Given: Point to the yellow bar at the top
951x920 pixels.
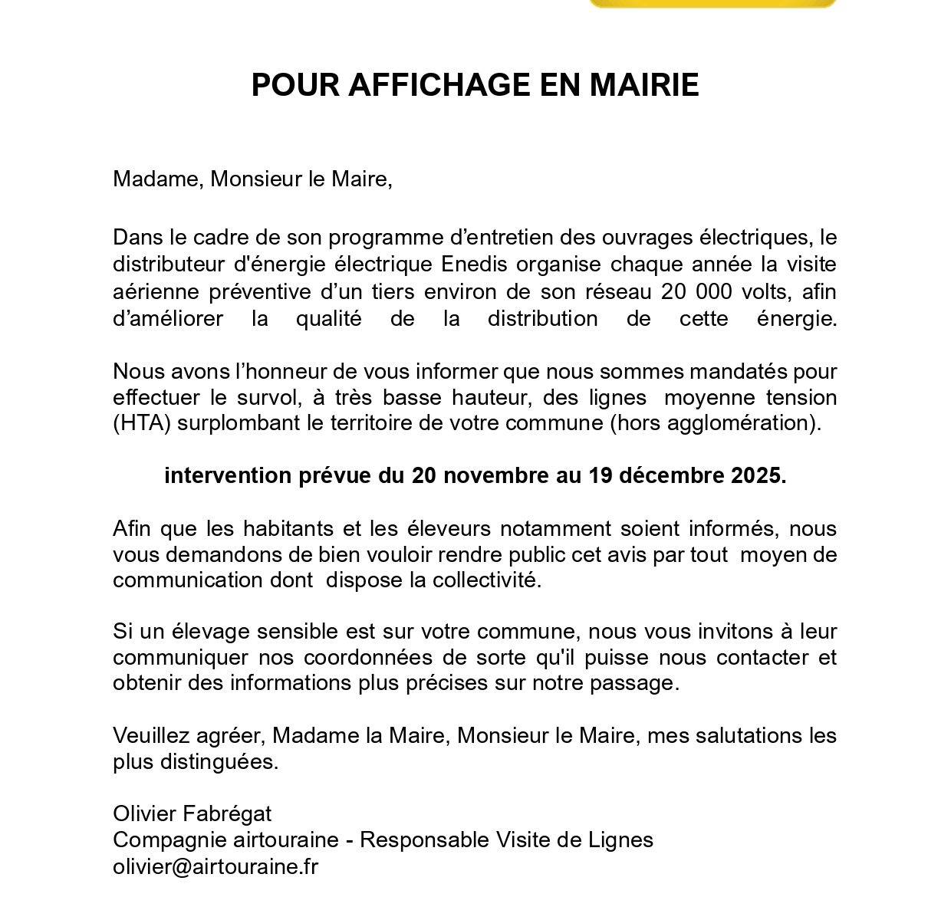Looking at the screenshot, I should coord(712,4).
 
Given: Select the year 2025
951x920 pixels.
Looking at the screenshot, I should coord(758,476).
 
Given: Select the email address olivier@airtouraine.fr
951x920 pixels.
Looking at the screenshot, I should coord(216,867).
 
